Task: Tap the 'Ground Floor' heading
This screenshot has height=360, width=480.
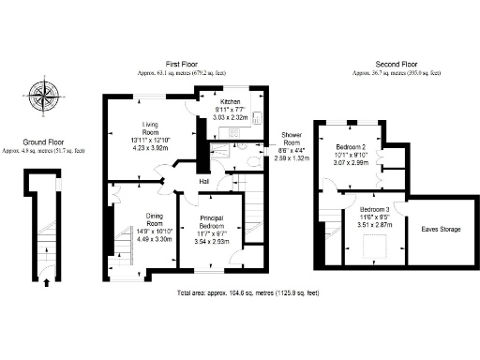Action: (x=43, y=142)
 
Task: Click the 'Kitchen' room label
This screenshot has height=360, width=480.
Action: (x=232, y=101)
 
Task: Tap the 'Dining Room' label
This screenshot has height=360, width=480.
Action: (x=127, y=220)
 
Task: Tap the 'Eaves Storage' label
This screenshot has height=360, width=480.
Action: (x=440, y=229)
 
